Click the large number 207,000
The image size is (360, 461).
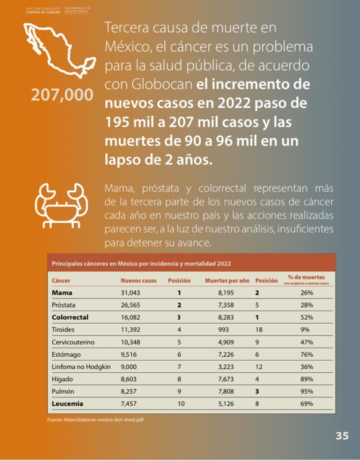coord(62,95)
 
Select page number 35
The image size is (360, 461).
coord(342,436)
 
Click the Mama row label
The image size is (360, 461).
coord(62,293)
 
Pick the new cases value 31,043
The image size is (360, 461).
coord(130,293)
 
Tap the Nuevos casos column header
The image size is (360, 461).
coord(139,280)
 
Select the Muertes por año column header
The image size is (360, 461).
coord(227,280)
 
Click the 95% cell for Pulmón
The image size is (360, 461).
coord(307,391)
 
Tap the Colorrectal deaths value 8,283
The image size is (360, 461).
coord(225,317)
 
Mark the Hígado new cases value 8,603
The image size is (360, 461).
coord(130,379)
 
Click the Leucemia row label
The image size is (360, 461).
coord(67,403)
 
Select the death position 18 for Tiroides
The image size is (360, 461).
coord(259,330)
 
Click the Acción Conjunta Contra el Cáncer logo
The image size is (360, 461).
coord(43,10)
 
